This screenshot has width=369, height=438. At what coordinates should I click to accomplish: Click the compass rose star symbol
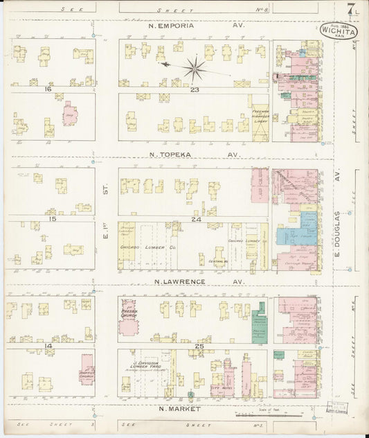195,68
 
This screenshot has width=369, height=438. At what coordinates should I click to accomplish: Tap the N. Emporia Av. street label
197,24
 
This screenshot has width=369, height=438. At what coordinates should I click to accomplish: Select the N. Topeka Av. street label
195,155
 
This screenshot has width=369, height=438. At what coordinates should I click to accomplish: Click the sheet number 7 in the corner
352,10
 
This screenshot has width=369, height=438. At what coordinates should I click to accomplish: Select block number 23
195,89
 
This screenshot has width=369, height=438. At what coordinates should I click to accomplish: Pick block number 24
195,219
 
